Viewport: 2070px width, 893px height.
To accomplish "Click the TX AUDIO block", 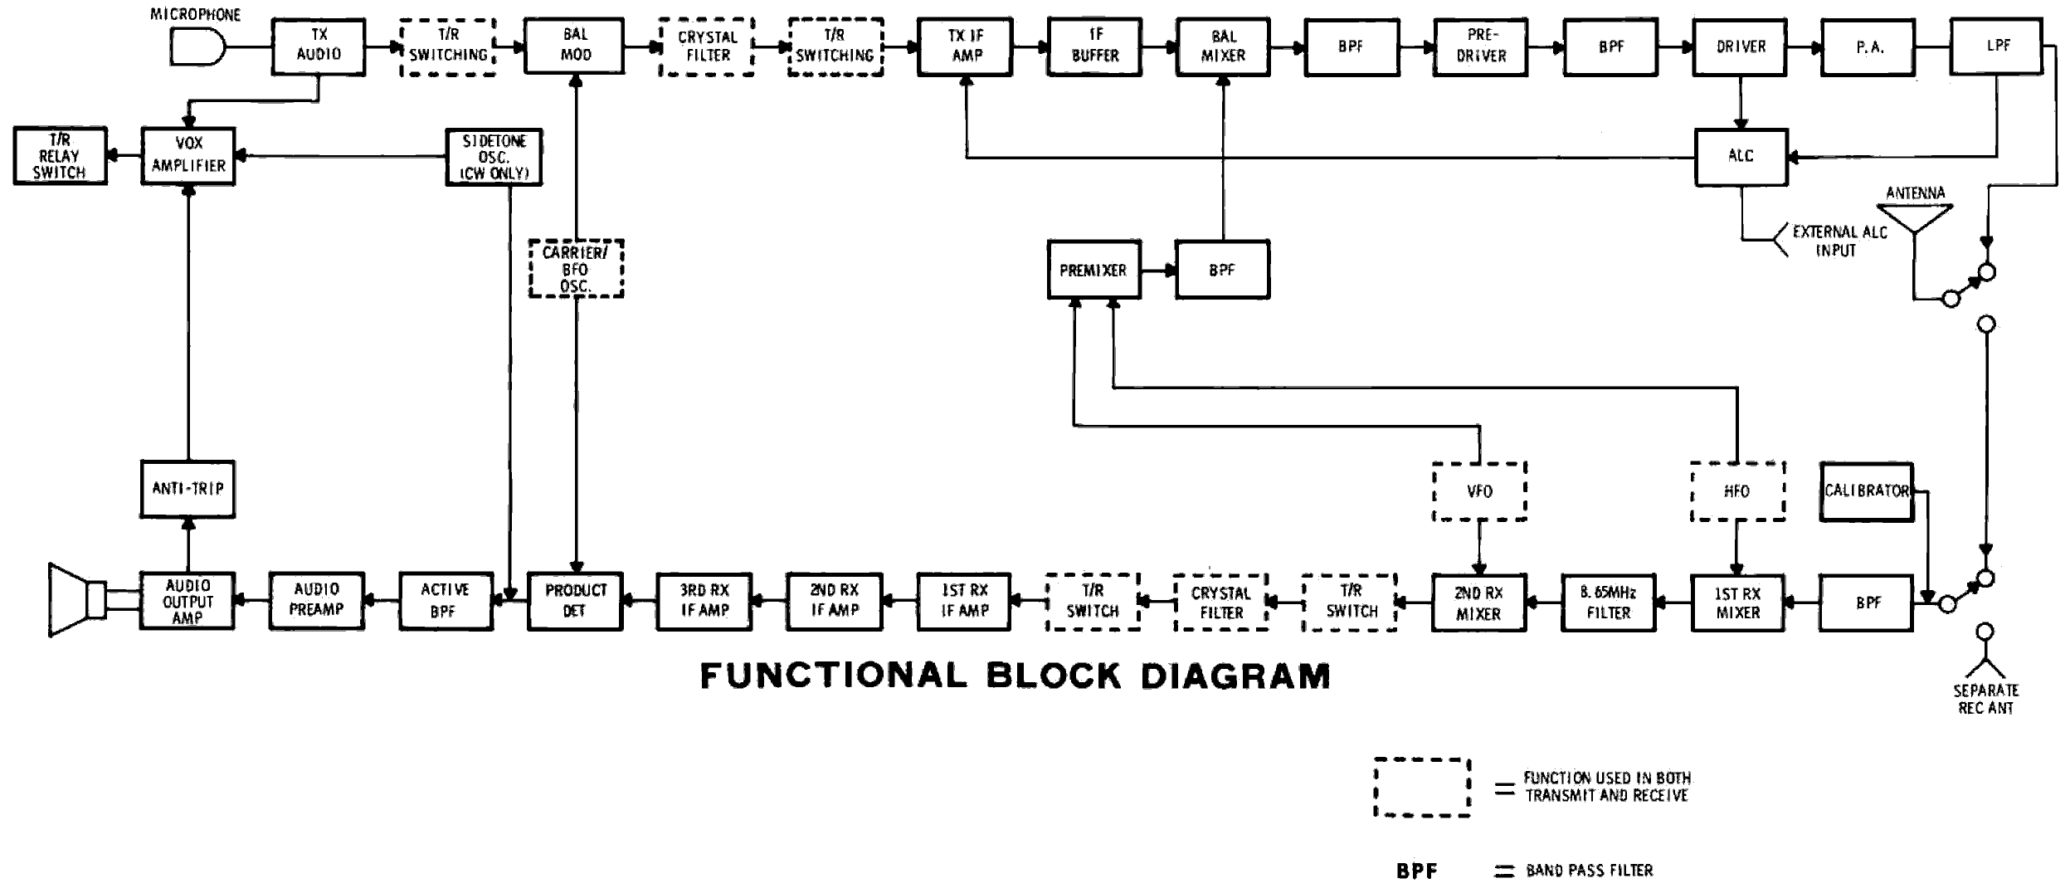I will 319,46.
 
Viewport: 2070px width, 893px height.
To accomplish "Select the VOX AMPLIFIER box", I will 188,155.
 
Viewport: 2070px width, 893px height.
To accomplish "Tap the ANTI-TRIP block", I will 188,490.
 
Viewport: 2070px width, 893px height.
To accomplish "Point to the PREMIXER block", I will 1093,271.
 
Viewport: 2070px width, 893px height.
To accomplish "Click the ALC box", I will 1741,156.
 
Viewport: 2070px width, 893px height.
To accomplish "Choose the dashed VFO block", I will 1479,491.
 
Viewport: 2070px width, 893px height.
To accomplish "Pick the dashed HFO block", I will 1737,491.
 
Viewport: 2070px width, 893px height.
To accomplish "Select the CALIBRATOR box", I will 1867,491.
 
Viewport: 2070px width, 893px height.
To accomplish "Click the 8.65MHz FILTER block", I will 1608,603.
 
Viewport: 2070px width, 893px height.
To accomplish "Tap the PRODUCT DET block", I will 575,602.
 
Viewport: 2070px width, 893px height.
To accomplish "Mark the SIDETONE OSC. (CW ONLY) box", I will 494,157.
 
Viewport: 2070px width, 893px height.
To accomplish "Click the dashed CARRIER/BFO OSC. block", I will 576,269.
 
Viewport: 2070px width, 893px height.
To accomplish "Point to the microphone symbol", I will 196,46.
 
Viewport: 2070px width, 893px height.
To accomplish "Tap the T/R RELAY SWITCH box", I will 60,156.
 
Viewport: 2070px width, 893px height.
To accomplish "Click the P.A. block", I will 1869,47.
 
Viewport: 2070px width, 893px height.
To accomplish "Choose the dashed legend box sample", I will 1422,788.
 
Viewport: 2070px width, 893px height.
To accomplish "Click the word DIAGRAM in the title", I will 1235,676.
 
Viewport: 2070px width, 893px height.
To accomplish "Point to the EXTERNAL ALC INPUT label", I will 1839,241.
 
